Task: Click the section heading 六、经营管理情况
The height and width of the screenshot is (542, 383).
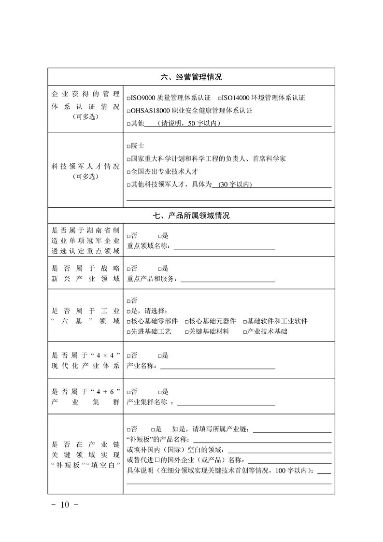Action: [x=191, y=77]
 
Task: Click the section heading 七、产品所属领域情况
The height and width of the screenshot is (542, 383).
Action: [x=191, y=215]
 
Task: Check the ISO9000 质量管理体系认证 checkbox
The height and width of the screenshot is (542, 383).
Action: [x=128, y=98]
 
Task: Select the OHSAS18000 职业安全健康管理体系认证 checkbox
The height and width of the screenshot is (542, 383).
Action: [x=128, y=111]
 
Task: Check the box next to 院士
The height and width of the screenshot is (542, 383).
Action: [x=128, y=146]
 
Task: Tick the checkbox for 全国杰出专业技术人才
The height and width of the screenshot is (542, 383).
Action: [x=128, y=172]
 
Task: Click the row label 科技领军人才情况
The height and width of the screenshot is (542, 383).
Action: [x=85, y=167]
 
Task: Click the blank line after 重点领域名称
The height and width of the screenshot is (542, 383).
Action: [x=224, y=248]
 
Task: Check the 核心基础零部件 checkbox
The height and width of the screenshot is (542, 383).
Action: [x=128, y=321]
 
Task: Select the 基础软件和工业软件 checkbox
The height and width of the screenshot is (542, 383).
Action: [x=245, y=321]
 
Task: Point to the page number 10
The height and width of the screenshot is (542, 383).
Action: [x=65, y=505]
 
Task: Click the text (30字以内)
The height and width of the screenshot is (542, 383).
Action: [x=235, y=185]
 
